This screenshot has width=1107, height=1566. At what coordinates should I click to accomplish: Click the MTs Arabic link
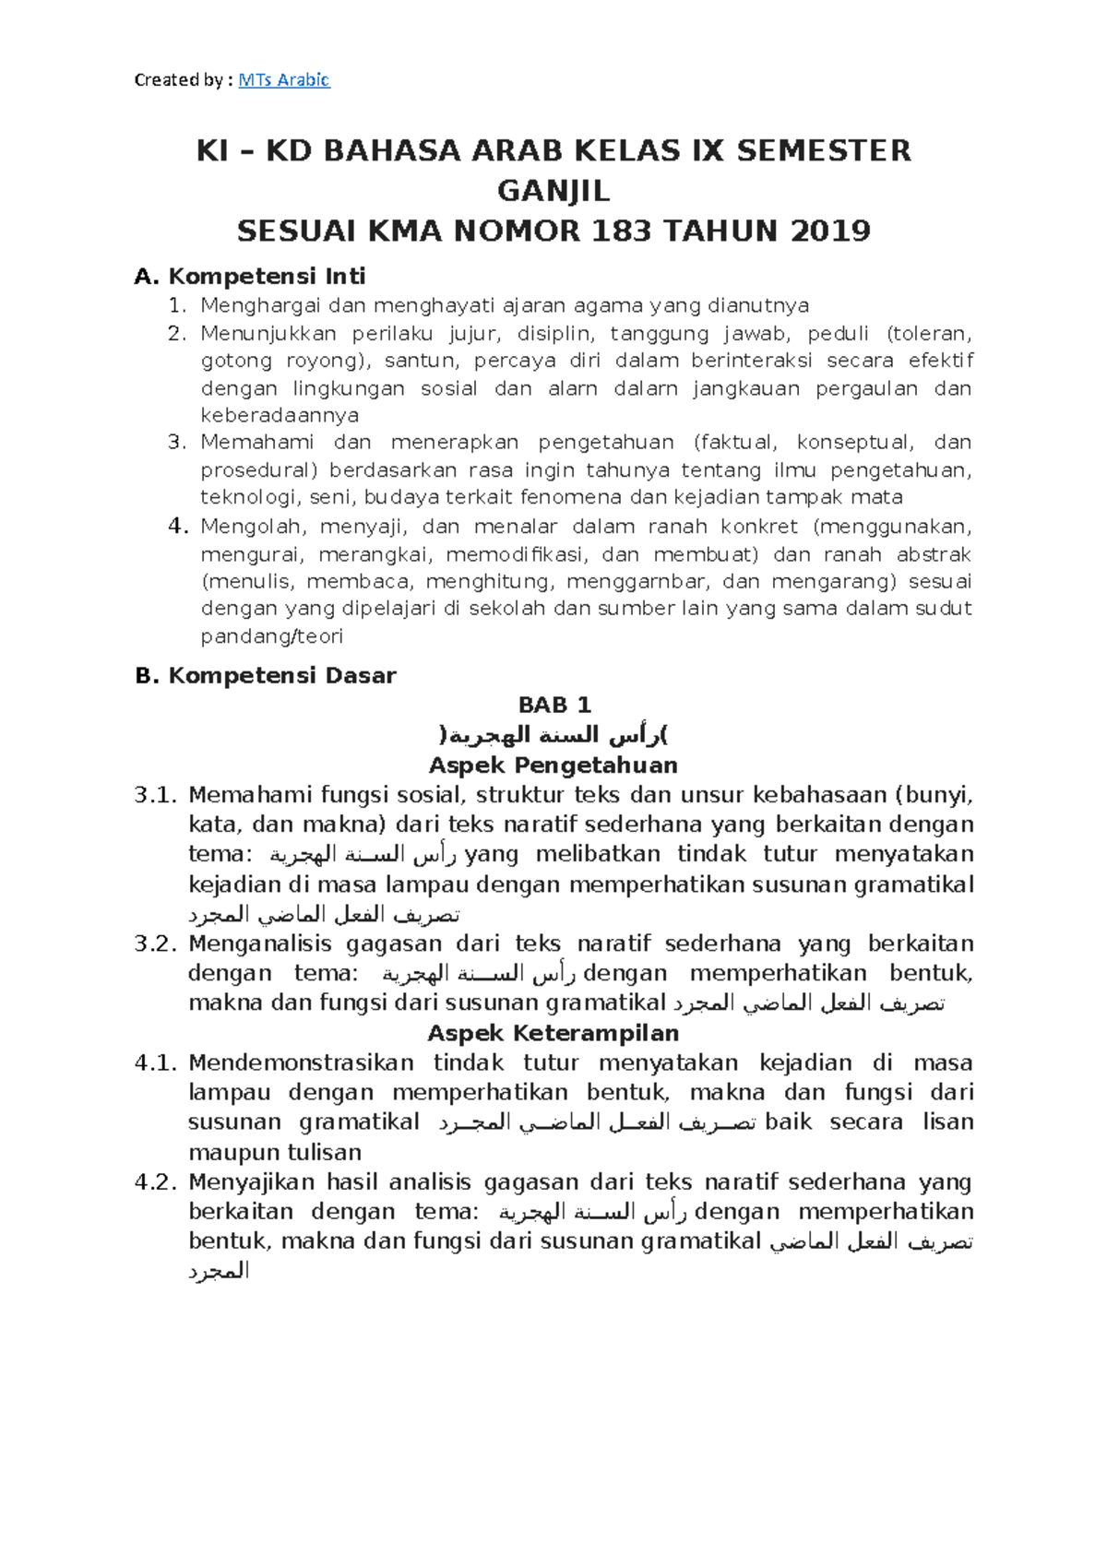tap(283, 80)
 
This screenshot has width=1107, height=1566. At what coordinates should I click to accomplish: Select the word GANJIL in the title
tap(553, 191)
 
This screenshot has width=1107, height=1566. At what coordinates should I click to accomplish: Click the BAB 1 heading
tap(553, 706)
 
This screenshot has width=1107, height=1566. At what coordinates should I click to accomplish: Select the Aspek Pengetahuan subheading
tap(553, 765)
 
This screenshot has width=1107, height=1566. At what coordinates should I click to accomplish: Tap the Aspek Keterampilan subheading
tap(553, 1033)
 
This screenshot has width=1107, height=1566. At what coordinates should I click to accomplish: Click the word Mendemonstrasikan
tap(301, 1063)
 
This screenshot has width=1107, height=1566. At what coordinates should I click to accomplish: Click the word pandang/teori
tap(271, 636)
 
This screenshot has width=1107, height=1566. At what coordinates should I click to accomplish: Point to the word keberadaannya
tap(280, 416)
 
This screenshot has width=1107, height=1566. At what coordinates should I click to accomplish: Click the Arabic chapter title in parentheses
tap(553, 735)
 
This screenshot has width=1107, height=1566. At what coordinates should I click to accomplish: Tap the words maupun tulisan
tap(274, 1153)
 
